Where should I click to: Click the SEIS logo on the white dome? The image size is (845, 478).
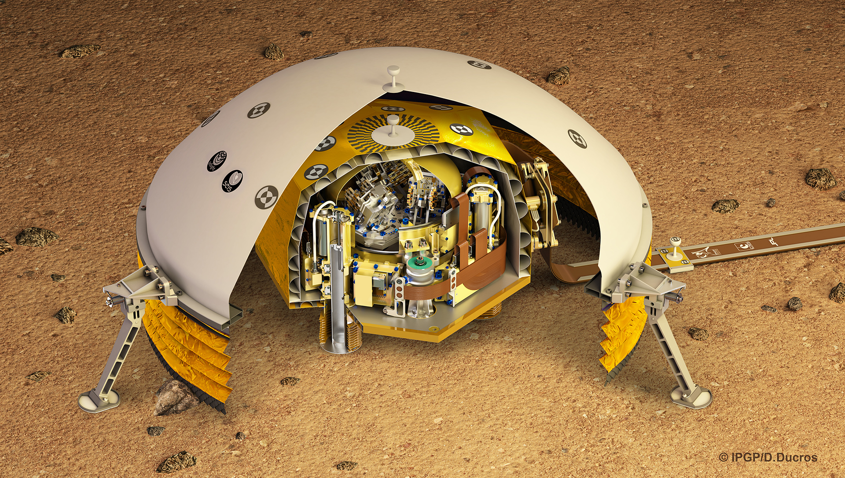232,180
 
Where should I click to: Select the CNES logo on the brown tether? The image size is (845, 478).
745,246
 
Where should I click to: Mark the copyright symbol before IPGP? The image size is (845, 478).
723,458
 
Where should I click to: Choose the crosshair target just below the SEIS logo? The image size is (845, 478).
267,196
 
